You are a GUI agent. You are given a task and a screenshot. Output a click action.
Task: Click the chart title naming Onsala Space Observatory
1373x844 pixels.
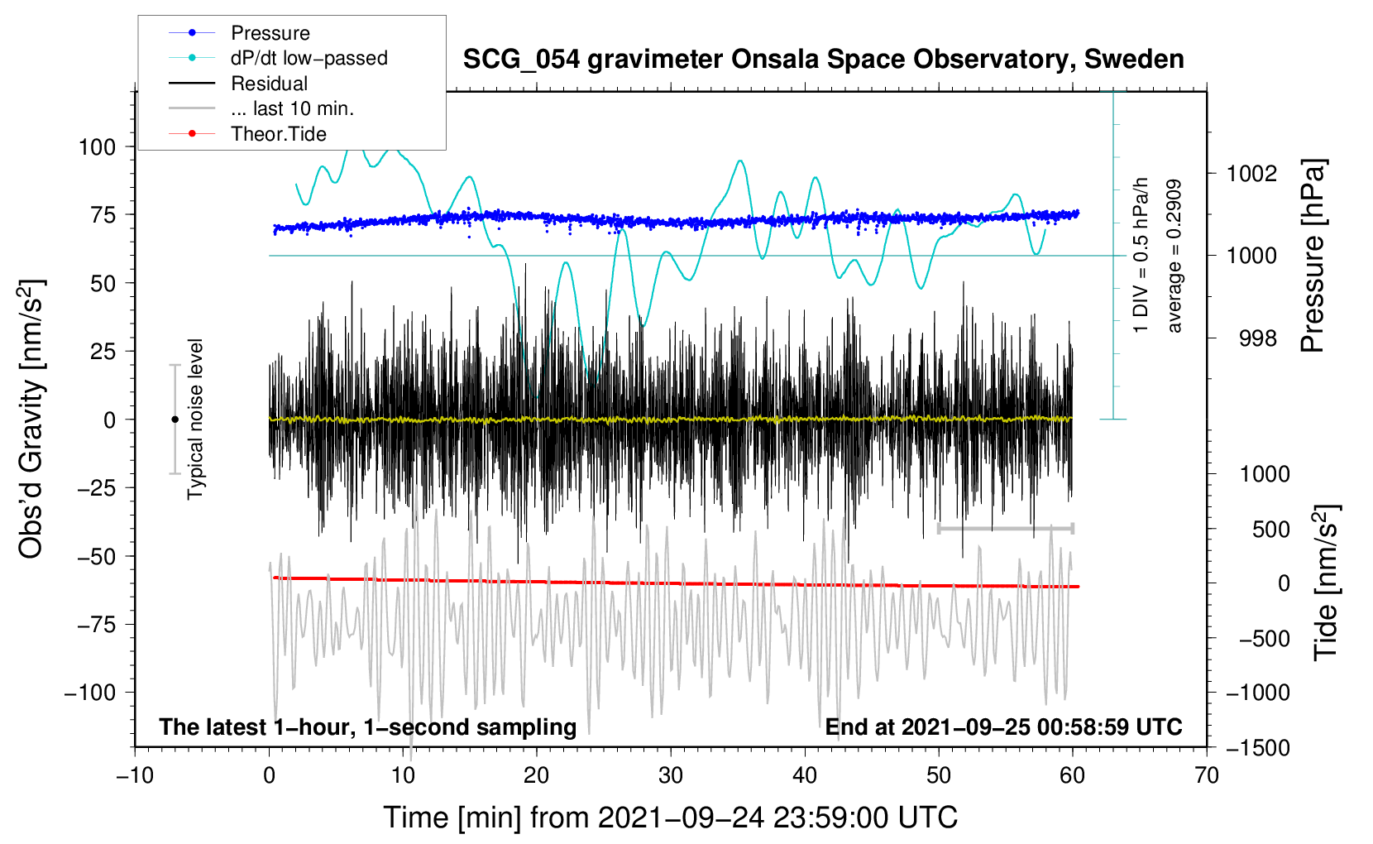[823, 60]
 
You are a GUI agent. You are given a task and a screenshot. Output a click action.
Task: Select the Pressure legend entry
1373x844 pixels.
[270, 33]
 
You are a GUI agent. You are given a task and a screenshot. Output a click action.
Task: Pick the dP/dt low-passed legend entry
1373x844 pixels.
[309, 58]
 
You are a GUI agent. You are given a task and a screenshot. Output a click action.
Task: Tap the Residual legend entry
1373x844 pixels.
[269, 84]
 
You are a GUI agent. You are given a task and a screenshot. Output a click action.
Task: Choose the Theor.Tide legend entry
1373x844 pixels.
[278, 134]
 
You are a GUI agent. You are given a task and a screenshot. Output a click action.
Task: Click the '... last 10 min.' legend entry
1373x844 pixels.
[292, 108]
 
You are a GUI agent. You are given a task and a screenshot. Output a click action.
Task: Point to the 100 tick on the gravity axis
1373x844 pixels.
[97, 147]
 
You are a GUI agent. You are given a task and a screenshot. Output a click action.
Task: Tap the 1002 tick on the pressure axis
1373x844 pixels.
[1251, 174]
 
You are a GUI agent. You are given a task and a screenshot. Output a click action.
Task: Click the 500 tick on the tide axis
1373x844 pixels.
[1270, 530]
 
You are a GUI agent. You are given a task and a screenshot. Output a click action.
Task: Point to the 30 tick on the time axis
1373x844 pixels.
[671, 775]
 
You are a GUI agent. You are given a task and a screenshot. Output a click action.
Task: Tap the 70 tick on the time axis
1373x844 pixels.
[1207, 775]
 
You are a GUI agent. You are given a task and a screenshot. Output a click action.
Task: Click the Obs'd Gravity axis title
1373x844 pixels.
[31, 419]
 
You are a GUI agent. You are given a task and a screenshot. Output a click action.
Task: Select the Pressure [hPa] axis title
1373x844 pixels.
[1313, 257]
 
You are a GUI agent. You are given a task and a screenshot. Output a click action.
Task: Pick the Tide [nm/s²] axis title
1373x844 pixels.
[1326, 583]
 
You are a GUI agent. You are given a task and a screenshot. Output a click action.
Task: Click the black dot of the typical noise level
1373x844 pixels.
[175, 420]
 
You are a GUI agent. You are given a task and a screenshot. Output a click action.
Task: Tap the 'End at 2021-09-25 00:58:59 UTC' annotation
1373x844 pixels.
[1003, 727]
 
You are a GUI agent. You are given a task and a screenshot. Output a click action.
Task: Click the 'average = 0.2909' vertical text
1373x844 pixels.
[1174, 257]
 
